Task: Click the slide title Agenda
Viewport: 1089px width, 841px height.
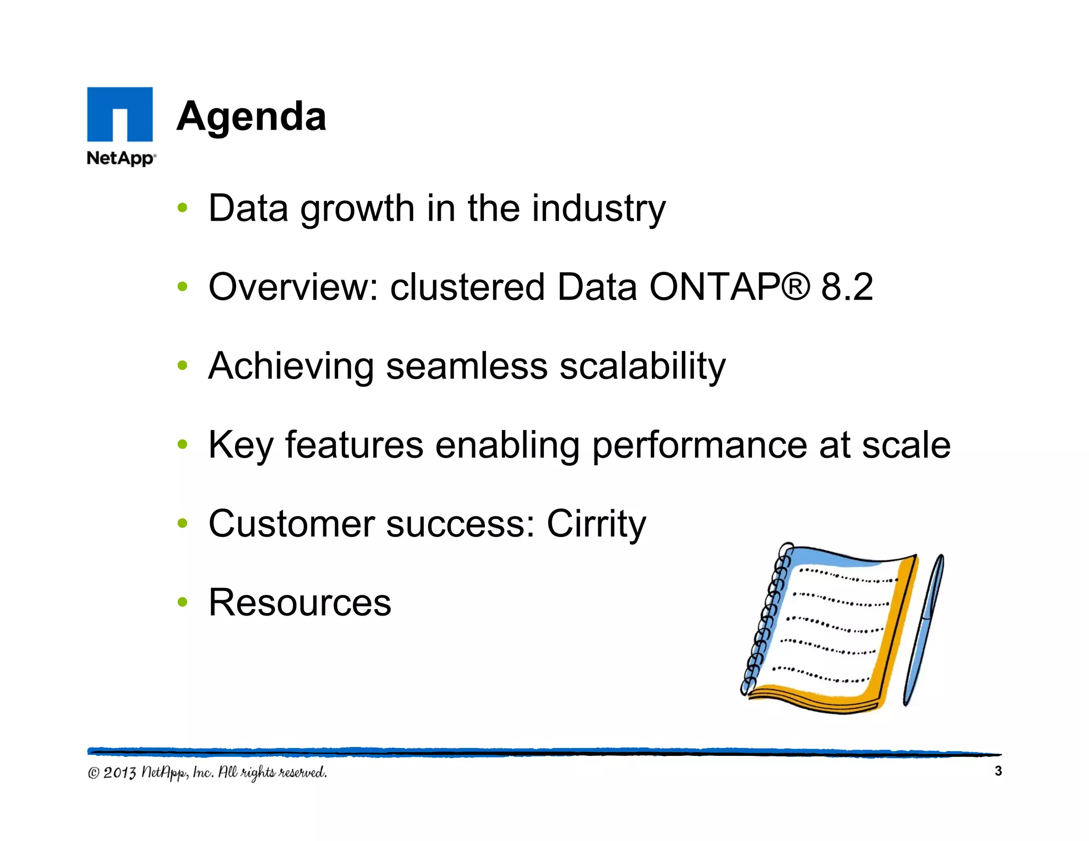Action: [x=251, y=116]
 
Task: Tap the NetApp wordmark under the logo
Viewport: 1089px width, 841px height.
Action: [x=121, y=158]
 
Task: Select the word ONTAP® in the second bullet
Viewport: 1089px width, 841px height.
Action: [x=729, y=287]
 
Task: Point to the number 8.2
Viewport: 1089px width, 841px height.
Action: [x=847, y=287]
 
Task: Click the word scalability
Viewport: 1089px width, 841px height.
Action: [x=642, y=367]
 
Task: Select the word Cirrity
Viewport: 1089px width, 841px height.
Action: [x=596, y=524]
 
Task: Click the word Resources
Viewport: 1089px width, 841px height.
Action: [x=300, y=603]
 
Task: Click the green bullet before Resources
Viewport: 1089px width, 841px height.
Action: [x=182, y=602]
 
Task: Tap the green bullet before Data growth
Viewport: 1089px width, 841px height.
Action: [x=182, y=208]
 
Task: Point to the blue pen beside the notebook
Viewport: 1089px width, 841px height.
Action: [x=924, y=630]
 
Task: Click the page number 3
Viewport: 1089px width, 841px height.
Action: [x=998, y=771]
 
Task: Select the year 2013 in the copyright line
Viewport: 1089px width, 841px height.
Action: [x=120, y=772]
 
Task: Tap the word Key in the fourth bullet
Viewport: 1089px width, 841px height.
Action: [x=240, y=445]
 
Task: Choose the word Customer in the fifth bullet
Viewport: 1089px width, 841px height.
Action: [x=291, y=524]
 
